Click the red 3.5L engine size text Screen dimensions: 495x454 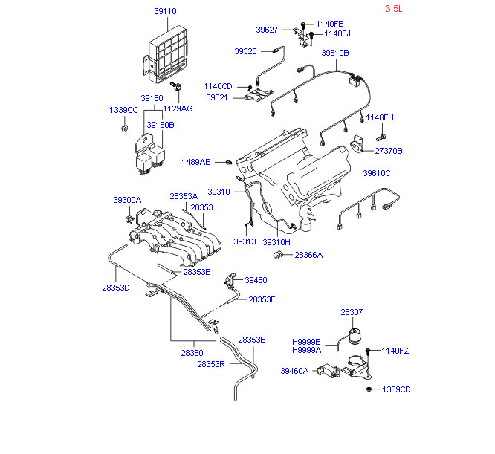[394, 8]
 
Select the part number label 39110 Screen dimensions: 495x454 [165, 11]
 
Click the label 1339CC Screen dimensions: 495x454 [123, 110]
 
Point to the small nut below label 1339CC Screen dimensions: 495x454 [125, 129]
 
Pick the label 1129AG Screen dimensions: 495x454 [178, 108]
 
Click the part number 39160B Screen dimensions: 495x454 [161, 125]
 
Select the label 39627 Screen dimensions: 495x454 [267, 30]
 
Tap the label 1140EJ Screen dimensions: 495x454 [337, 33]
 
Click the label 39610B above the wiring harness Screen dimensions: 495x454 [335, 53]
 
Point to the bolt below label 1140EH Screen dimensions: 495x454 [381, 137]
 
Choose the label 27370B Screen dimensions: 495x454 [389, 151]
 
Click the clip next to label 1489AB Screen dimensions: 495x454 [229, 162]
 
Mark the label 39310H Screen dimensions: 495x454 [276, 242]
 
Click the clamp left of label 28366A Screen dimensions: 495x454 [278, 255]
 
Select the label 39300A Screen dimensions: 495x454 [127, 200]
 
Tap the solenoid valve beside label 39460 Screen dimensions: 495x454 [230, 280]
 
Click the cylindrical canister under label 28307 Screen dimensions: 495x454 [355, 336]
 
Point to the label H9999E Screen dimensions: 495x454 [306, 342]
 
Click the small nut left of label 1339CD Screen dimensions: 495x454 [369, 389]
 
